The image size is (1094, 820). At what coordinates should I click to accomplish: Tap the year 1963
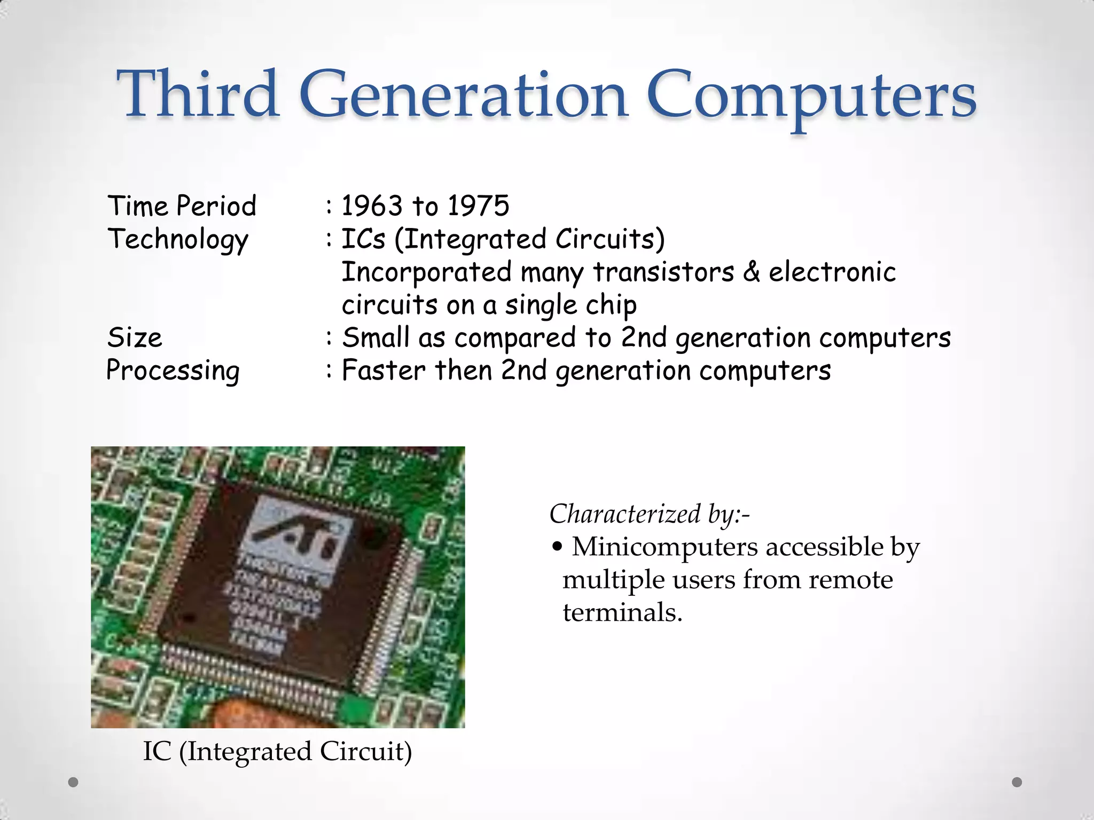pos(372,206)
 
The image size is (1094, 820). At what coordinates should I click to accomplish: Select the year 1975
pos(478,206)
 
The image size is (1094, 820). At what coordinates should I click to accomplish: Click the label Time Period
pos(182,206)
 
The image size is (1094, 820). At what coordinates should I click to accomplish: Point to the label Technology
pos(178,240)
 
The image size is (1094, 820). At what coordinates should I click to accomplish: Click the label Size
pos(135,338)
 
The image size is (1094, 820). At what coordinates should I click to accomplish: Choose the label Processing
pos(173,371)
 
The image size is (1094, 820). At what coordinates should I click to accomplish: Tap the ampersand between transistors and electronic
pos(751,272)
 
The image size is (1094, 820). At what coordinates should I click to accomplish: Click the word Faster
pos(383,370)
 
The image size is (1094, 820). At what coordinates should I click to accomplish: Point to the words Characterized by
pos(649,514)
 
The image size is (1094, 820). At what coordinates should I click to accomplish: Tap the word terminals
pos(622,612)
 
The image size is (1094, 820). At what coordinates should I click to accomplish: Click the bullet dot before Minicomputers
pos(557,547)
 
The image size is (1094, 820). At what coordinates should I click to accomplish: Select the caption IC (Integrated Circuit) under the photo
pos(277,752)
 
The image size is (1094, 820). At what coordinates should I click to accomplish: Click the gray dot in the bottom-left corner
pos(73,782)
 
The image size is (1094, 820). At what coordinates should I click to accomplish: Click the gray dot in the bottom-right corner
pos(1017,782)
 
